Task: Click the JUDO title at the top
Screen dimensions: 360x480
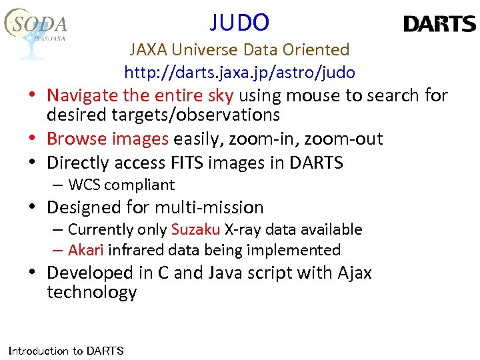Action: point(239,23)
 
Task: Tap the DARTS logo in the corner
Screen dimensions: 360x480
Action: point(439,25)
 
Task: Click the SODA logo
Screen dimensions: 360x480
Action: point(37,30)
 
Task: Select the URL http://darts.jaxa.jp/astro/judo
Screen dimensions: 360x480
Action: point(239,72)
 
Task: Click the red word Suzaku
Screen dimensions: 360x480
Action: point(195,229)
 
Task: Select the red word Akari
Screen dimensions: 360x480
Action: point(86,250)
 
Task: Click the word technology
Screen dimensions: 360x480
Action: point(91,292)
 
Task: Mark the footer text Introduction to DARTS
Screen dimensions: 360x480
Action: point(65,351)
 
